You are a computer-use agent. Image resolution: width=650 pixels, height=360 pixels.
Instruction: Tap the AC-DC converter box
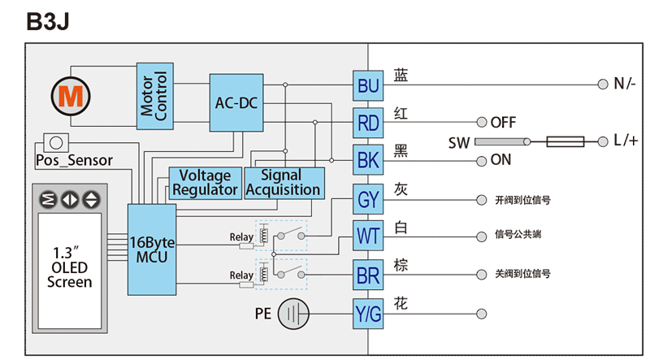[x=236, y=102]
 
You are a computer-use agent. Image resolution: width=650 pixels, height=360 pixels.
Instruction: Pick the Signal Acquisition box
[x=283, y=183]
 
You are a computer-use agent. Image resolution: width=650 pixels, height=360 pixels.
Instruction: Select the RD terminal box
[x=368, y=124]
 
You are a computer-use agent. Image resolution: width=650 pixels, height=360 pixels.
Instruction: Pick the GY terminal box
[x=368, y=199]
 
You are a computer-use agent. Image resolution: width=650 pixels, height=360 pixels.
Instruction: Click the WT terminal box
[x=368, y=237]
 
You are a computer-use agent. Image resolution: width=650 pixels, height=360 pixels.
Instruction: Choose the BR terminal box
[x=368, y=275]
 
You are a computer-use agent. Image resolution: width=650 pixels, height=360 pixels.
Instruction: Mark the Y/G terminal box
[x=368, y=314]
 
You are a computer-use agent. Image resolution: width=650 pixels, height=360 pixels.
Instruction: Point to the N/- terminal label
[x=624, y=84]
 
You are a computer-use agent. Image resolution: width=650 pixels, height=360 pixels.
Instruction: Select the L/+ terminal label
[x=624, y=141]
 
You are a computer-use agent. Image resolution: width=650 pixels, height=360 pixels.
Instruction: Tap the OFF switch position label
[x=503, y=123]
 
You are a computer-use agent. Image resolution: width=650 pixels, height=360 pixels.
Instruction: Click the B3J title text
[x=49, y=22]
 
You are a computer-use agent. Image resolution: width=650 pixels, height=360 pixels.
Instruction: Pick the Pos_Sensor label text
[x=74, y=160]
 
